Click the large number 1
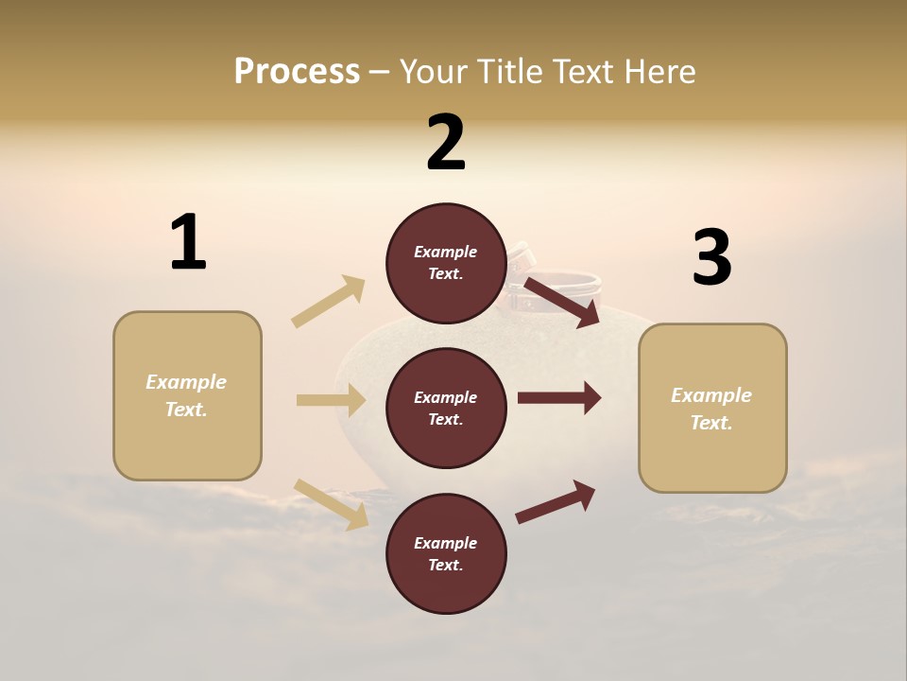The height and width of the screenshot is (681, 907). pos(188,243)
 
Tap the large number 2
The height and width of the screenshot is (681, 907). pos(446,143)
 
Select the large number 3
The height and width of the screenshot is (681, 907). pos(711,257)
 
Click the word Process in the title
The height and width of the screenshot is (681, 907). pos(297,71)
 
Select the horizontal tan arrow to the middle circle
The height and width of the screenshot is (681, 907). pos(331,400)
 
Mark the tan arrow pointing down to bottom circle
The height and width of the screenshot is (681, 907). pos(331,503)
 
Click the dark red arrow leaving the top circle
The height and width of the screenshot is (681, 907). pos(562,302)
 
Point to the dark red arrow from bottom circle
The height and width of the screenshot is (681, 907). pos(556,501)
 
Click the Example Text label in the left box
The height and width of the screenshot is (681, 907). pos(187,395)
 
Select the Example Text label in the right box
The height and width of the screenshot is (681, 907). pos(712,409)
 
